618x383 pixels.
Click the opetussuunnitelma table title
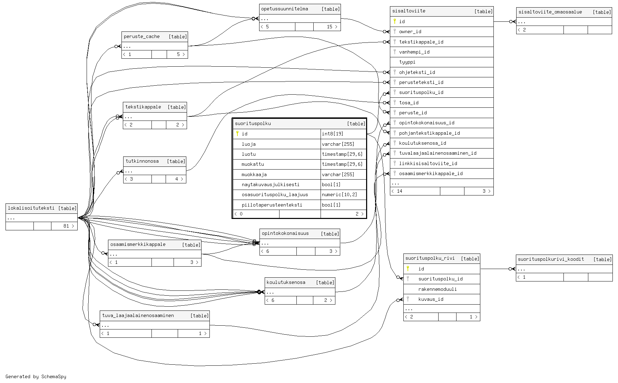[x=285, y=9]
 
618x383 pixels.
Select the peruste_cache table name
[x=142, y=37]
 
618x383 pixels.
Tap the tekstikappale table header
[x=143, y=107]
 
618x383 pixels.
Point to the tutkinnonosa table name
[x=142, y=161]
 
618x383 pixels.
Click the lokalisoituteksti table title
[x=31, y=208]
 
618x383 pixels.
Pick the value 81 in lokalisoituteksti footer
[x=66, y=226]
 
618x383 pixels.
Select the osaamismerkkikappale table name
[x=138, y=245]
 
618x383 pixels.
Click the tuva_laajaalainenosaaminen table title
[x=138, y=316]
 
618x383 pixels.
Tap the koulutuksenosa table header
[x=286, y=283]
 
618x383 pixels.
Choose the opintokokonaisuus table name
[x=285, y=233]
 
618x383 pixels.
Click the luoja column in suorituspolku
[x=249, y=144]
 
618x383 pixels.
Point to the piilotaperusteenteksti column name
[x=272, y=205]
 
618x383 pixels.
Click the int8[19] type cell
[x=333, y=134]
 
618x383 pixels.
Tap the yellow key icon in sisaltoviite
[x=395, y=21]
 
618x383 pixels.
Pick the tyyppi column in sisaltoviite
[x=407, y=62]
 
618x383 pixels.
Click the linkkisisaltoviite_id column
[x=428, y=164]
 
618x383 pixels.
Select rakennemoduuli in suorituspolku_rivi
[x=438, y=289]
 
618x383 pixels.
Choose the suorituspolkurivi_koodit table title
[x=551, y=259]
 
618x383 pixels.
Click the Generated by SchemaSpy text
[x=36, y=377]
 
